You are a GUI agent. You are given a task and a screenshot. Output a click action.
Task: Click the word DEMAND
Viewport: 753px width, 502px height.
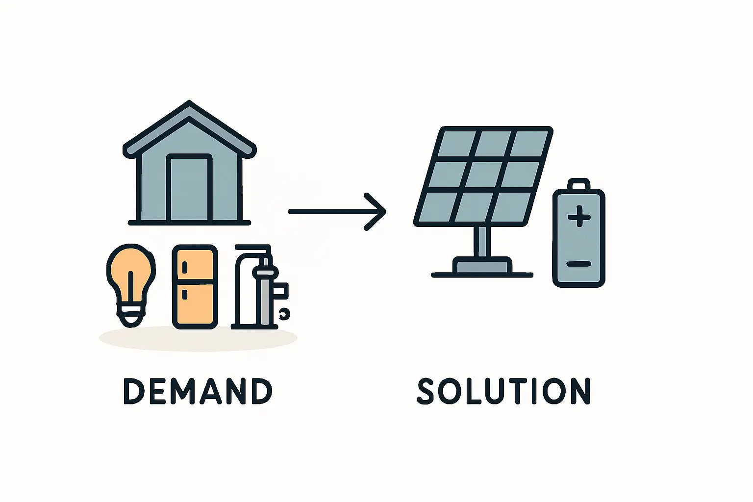click(x=198, y=391)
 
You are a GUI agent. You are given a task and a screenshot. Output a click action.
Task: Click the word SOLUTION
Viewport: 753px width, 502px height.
click(x=503, y=391)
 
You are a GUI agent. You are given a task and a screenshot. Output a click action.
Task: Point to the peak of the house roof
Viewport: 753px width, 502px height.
click(x=189, y=101)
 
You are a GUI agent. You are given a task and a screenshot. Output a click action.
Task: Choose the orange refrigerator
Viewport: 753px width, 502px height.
click(x=195, y=287)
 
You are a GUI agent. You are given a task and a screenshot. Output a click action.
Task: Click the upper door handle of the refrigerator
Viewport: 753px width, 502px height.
click(x=184, y=268)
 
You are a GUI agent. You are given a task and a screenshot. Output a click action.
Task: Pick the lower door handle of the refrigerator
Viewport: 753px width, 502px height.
click(x=184, y=295)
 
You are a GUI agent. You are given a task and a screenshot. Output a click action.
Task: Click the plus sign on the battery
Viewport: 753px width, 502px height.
click(x=579, y=216)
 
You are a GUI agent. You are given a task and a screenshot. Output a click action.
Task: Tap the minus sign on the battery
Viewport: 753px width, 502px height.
click(x=578, y=264)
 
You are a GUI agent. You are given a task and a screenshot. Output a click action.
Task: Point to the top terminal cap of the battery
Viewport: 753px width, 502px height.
click(x=578, y=184)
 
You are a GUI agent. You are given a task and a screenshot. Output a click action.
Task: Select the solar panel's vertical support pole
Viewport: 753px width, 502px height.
click(x=482, y=241)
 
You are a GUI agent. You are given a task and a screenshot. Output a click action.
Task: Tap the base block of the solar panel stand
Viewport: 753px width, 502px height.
click(x=482, y=265)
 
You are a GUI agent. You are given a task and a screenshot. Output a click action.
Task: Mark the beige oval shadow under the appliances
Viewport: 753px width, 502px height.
click(x=198, y=338)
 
